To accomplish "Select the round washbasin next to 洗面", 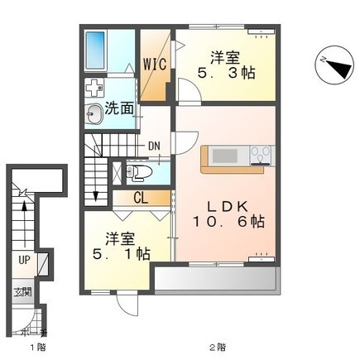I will click(x=93, y=109).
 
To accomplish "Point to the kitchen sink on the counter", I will click(x=224, y=155).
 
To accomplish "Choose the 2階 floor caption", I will click(x=218, y=344).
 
